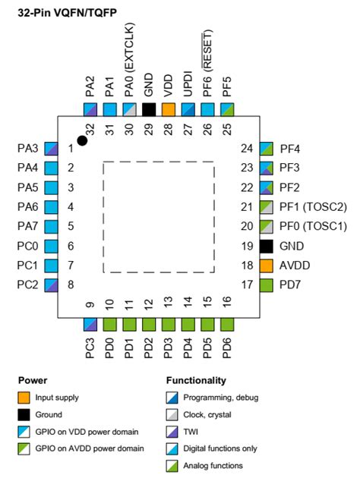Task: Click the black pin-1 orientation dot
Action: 82,140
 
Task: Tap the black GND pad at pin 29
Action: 149,109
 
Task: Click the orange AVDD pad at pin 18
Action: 266,266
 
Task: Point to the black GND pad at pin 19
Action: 266,246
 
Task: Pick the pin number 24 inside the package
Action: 245,148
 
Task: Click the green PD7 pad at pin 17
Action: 266,285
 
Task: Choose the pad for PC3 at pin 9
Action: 90,325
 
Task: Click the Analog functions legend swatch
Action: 172,465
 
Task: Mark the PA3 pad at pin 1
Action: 52,148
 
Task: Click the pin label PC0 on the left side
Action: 27,246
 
